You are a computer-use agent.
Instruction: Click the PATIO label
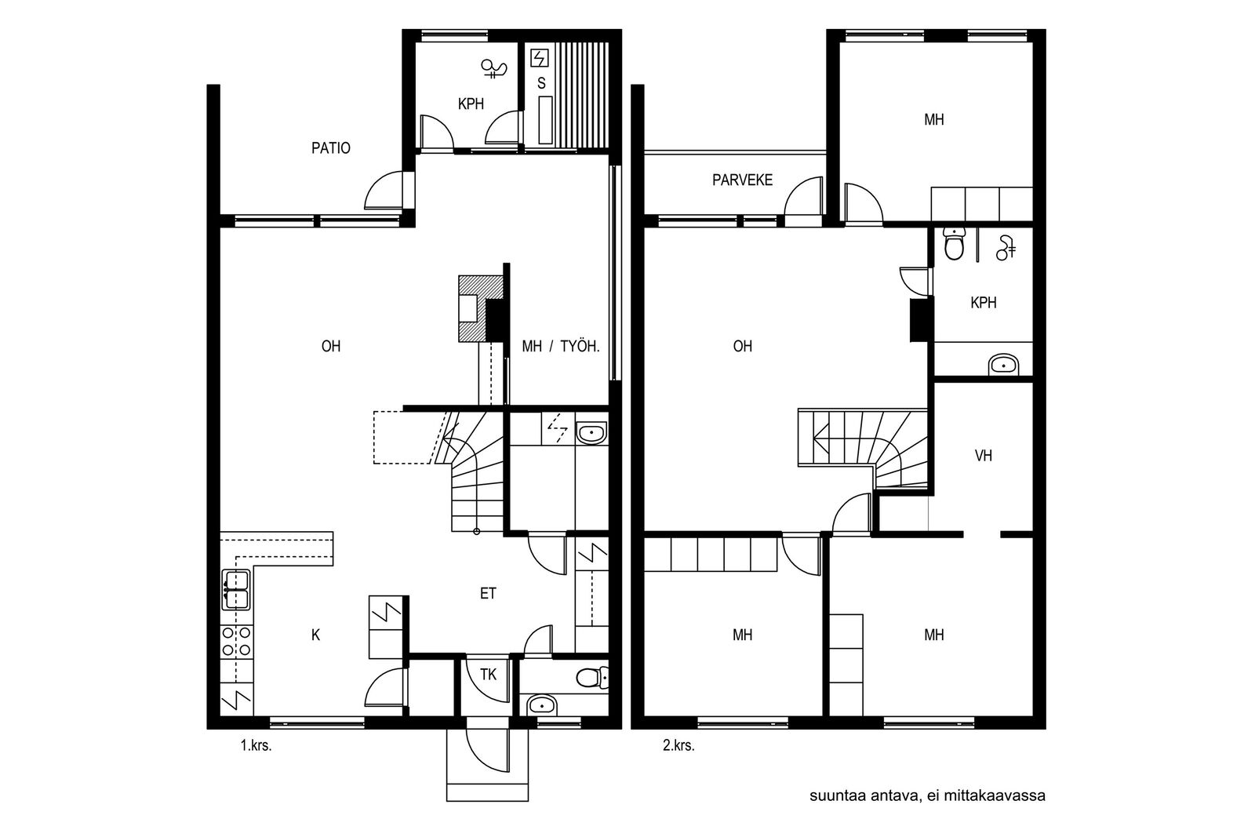330,148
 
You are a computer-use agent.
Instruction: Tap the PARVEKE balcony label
742,180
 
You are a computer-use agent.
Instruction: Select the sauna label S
541,83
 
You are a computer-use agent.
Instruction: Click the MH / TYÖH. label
561,346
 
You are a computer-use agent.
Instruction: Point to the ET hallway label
488,593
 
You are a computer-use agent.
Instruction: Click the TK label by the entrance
488,675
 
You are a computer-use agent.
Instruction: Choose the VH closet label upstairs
984,456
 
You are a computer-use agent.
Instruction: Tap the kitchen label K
315,635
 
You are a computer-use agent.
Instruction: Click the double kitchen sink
236,589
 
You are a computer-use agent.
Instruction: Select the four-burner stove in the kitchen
236,642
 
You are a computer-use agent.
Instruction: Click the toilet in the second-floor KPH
954,244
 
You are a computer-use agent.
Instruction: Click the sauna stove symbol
540,58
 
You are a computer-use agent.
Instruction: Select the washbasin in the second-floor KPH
1003,366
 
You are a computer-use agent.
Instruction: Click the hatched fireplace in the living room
480,308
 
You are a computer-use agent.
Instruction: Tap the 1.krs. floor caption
256,746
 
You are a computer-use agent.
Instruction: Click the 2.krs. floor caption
678,746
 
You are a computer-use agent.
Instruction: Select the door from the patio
387,191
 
